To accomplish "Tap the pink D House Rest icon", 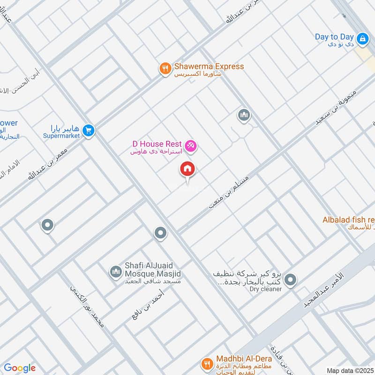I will [x=191, y=146].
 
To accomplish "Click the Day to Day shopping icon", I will [x=362, y=39].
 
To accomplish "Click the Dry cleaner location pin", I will [x=291, y=280].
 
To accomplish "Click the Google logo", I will [x=20, y=368].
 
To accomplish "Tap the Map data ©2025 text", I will [x=350, y=370].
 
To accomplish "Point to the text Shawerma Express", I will [x=209, y=67].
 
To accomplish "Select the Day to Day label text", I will [x=334, y=37].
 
